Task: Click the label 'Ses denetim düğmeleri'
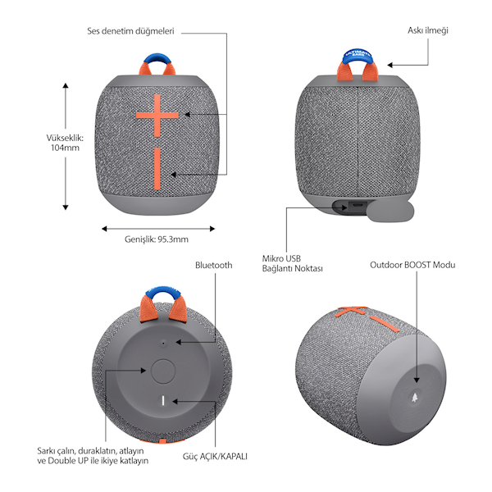click(130, 31)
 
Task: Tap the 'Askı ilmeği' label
click(428, 30)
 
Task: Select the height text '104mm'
click(66, 148)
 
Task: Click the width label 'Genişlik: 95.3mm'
click(157, 239)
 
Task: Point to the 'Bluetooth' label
click(214, 265)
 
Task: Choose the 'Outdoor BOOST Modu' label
click(412, 265)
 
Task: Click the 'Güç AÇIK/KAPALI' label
click(215, 456)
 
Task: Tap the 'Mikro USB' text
click(281, 258)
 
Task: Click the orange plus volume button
click(157, 116)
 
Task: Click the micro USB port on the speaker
click(357, 206)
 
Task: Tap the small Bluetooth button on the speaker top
click(163, 344)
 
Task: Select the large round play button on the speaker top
click(162, 371)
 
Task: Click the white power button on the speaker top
click(163, 401)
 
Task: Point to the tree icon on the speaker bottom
click(415, 398)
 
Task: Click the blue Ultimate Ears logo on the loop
click(357, 54)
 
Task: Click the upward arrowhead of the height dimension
click(66, 85)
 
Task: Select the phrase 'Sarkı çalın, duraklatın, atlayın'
click(90, 451)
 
